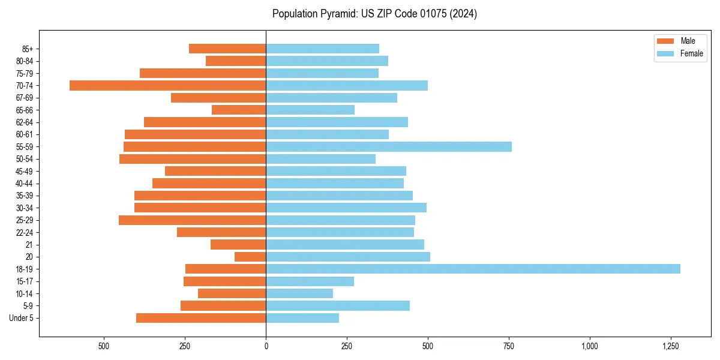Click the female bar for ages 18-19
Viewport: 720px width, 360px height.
(473, 269)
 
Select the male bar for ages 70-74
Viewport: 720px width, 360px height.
(168, 85)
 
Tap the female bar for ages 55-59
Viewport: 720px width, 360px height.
(389, 146)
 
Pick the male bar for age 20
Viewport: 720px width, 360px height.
(250, 257)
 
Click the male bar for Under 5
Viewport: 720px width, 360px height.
(201, 318)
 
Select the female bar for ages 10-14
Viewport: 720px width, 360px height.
(299, 293)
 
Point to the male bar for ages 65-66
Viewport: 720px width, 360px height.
(239, 110)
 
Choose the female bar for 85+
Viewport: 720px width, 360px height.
(322, 49)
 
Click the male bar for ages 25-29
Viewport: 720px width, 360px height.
(192, 220)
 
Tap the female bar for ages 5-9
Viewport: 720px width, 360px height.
(338, 306)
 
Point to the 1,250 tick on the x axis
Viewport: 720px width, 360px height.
(671, 347)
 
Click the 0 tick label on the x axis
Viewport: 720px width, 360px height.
(266, 347)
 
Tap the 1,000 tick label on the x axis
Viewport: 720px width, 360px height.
(590, 347)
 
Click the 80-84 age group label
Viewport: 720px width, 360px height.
(25, 61)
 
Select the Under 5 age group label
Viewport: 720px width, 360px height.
(22, 318)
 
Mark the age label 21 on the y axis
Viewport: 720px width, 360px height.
(29, 245)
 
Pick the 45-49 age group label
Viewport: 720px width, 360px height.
(25, 171)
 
